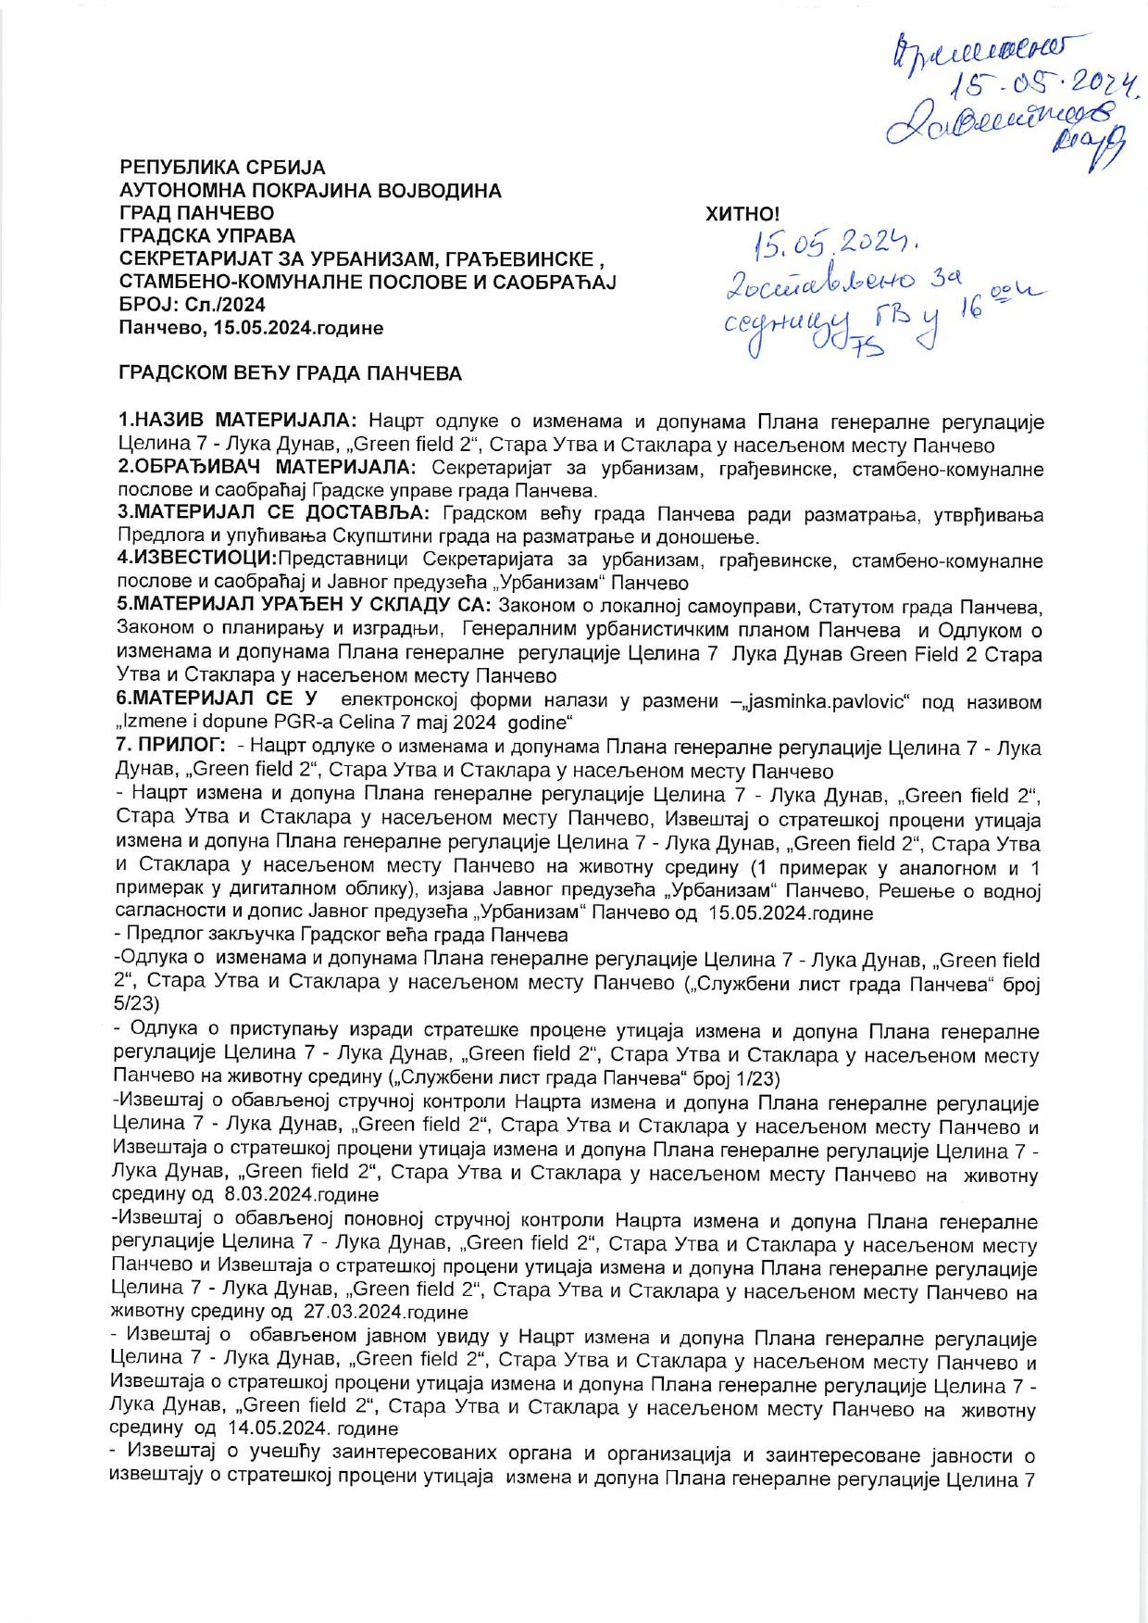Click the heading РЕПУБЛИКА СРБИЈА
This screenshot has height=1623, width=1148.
point(223,169)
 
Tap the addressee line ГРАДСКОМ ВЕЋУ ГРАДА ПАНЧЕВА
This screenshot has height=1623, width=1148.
point(290,374)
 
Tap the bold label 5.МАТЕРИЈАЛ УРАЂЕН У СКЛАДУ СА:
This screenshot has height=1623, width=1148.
point(306,607)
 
